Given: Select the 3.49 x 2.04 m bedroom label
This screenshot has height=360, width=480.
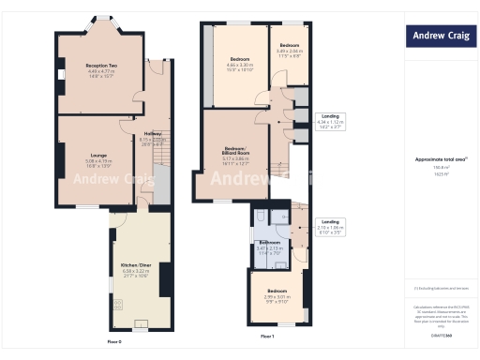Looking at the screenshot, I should click(289, 49).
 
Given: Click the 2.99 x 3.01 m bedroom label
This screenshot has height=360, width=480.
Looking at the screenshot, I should click(277, 293).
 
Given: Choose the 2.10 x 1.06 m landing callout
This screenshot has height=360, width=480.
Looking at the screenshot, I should click(331, 224).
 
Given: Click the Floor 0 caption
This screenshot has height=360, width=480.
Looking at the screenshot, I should click(113, 342).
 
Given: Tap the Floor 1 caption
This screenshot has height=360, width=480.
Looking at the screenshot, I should click(267, 336).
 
